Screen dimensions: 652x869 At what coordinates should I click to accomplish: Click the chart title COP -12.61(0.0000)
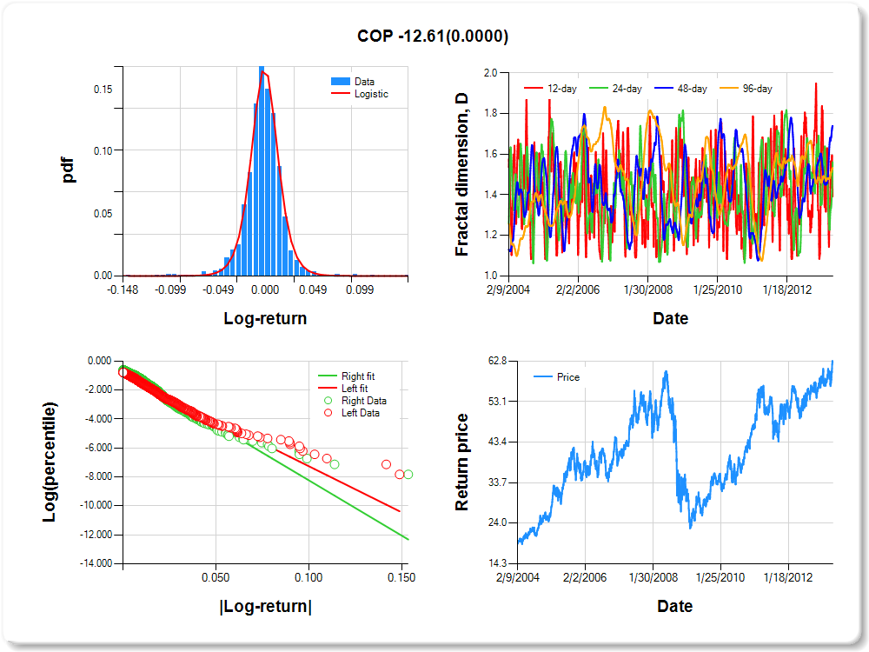[x=433, y=36]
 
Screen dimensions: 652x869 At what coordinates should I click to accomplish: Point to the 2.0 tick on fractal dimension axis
[x=489, y=73]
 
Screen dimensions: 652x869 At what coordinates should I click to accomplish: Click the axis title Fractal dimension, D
[x=462, y=174]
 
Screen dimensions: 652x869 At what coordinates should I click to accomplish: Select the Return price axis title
[x=462, y=462]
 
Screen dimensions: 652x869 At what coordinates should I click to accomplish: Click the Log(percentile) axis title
[x=52, y=462]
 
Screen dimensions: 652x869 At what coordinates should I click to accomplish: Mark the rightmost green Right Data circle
[x=408, y=474]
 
